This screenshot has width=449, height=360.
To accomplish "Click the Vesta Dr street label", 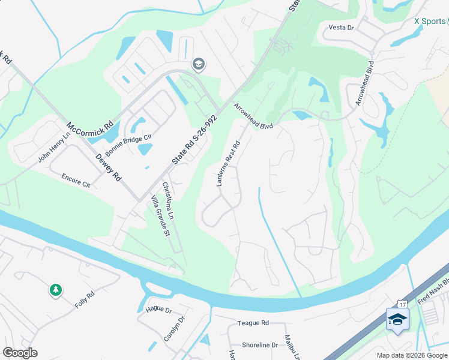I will [342, 28].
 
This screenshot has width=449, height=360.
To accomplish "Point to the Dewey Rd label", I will [109, 168].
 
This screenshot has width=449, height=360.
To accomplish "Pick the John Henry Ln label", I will [55, 148].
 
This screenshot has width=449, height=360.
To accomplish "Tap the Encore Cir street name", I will [75, 181].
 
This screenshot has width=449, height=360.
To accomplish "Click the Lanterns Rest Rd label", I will [228, 162].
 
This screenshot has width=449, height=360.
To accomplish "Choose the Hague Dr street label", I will [158, 310].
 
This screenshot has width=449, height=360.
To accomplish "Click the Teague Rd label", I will [253, 323].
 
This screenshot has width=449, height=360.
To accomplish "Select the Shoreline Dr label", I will [260, 345].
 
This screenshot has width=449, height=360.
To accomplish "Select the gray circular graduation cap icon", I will [197, 64].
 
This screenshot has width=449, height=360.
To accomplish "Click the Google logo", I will [20, 353].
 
